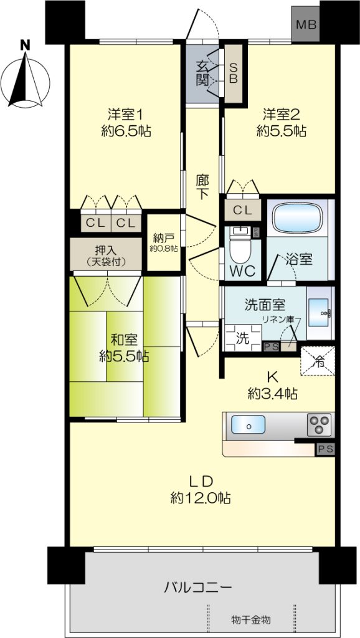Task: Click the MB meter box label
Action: click(x=306, y=25)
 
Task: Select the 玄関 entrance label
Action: click(x=202, y=74)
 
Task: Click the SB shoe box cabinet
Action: click(x=234, y=74)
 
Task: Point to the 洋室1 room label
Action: click(x=125, y=115)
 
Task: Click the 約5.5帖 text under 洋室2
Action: click(x=281, y=131)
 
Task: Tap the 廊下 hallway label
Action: click(x=202, y=186)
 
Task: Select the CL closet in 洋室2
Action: click(x=243, y=211)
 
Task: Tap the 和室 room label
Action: click(x=125, y=339)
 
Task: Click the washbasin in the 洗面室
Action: click(x=319, y=313)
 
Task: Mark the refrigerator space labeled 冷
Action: click(x=318, y=361)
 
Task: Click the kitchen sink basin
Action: click(x=248, y=425)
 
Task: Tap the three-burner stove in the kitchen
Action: click(x=320, y=425)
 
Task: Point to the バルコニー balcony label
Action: click(x=198, y=588)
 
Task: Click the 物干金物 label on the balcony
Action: click(x=251, y=621)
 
